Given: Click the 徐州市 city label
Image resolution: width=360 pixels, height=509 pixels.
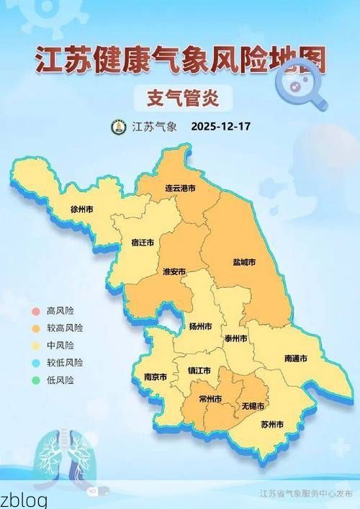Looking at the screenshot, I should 81,210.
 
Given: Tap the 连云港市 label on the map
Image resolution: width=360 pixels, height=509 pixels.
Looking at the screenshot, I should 181,187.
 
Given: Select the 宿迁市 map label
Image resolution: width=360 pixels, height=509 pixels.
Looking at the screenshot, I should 143,243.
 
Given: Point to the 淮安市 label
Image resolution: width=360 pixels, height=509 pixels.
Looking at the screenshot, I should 174,271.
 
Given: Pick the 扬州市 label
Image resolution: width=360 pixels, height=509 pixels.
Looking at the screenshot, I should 199,326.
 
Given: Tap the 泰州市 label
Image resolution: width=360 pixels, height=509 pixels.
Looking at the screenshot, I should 235,338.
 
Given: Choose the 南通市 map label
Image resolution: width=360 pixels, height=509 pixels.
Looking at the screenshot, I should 296,358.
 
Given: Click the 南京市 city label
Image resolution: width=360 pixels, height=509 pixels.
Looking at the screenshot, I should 156,377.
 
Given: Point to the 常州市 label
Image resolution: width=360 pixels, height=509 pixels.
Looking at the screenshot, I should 210,399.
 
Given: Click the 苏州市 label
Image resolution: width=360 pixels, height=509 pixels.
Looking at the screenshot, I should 271,424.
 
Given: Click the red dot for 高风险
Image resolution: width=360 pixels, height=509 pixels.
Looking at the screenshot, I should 35,311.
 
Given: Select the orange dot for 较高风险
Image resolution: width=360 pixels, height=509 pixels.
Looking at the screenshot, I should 35,328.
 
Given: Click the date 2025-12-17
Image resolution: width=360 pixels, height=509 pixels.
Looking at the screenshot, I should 221,127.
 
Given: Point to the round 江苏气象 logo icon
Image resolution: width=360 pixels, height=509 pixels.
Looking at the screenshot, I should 118,127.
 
